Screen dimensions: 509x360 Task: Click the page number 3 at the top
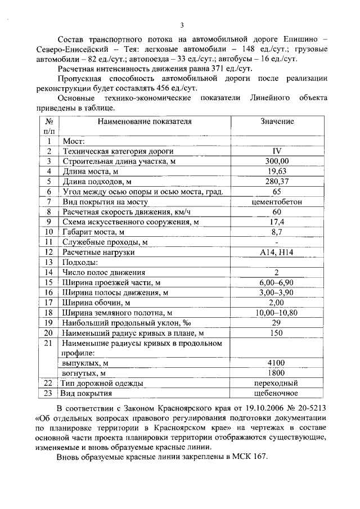pos(182,25)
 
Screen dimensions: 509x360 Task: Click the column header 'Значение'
pos(277,121)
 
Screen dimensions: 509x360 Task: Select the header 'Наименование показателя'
pos(144,121)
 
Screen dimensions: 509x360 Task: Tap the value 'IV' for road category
pos(277,151)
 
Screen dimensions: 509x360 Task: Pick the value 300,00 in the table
pos(277,161)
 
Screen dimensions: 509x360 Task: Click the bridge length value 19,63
pos(277,172)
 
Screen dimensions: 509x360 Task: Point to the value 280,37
pos(277,182)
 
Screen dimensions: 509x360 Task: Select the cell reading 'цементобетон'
pos(277,202)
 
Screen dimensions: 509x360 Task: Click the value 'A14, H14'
pos(277,253)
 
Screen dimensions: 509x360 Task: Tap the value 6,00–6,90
pos(277,282)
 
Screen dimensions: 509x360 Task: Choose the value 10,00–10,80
pos(277,312)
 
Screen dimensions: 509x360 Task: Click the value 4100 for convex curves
pos(277,363)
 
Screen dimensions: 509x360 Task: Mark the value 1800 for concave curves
pos(277,373)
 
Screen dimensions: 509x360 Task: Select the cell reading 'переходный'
pos(277,383)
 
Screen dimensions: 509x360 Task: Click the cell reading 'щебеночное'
pos(277,393)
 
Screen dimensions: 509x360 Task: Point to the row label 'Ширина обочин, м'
pos(96,302)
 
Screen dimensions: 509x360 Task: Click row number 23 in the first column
pos(49,393)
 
